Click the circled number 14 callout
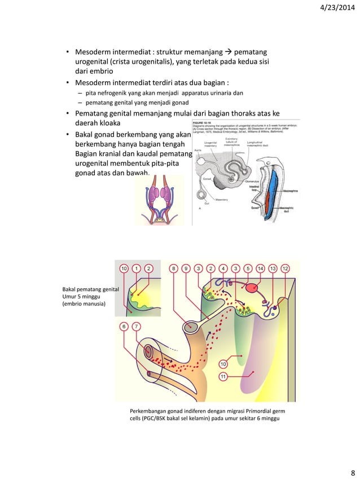pyautogui.click(x=261, y=268)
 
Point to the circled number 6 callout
pyautogui.click(x=124, y=326)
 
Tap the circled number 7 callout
pyautogui.click(x=137, y=326)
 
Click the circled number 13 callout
pyautogui.click(x=273, y=268)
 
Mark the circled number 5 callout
pyautogui.click(x=248, y=268)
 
